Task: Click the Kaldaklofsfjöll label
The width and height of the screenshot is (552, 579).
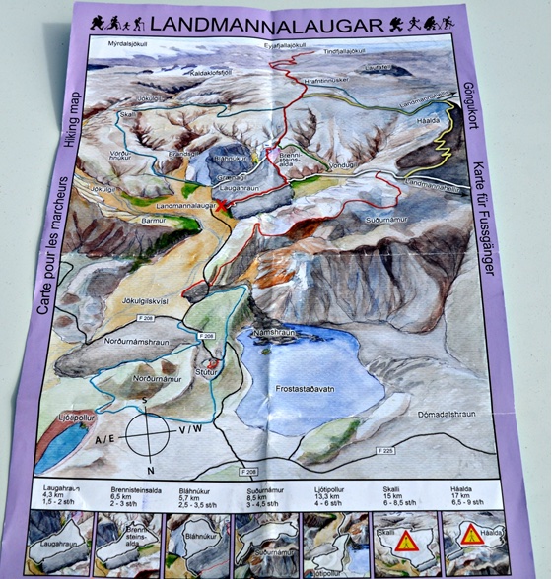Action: click(183, 73)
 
